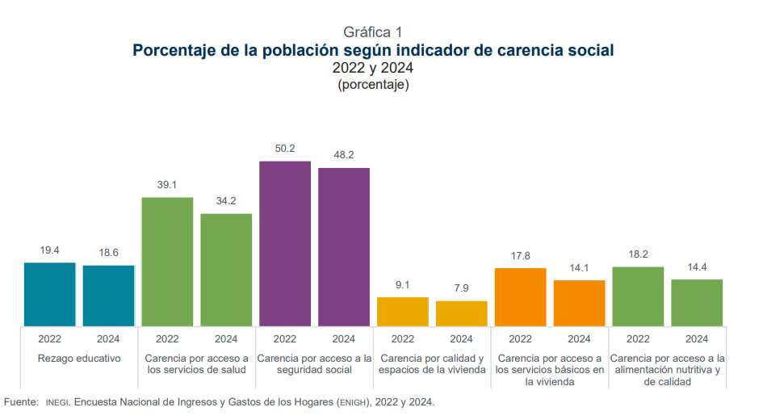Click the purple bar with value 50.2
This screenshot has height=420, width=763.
[x=285, y=243]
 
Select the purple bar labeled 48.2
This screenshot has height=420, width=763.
[x=344, y=246]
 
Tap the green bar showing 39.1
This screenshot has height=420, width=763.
[x=167, y=261]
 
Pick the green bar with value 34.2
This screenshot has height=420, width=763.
[x=226, y=270]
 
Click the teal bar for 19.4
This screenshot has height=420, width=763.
[x=49, y=294]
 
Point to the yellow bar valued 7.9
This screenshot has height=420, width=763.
[x=462, y=313]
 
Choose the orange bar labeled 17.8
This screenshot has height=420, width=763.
[x=520, y=296]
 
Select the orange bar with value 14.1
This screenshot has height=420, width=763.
[x=579, y=303]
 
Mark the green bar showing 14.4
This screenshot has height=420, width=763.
[x=697, y=302]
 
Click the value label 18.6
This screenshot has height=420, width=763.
[x=108, y=253]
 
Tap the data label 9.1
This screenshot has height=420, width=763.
[x=403, y=284]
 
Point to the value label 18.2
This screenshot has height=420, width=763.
[x=638, y=254]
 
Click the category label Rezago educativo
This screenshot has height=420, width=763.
[x=79, y=358]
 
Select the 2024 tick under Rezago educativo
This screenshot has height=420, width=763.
[x=108, y=339]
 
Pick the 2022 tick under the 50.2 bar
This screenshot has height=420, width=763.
[x=285, y=339]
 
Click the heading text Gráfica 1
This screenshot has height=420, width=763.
[x=372, y=32]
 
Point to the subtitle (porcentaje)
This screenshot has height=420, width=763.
[x=373, y=85]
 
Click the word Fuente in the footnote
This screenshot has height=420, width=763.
[x=21, y=402]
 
